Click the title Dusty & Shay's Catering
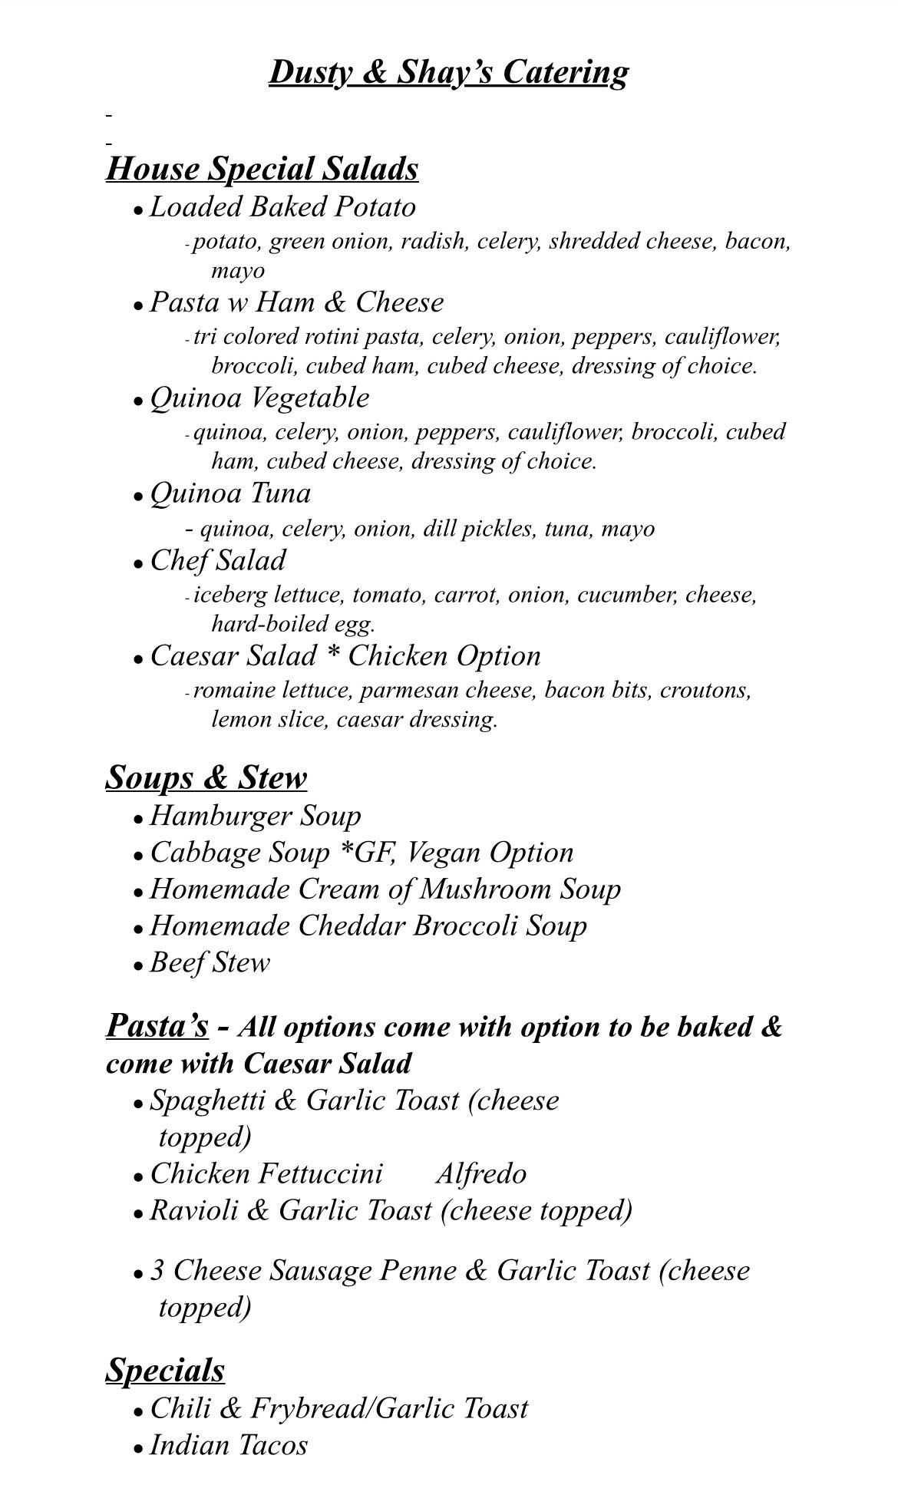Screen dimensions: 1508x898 point(448,73)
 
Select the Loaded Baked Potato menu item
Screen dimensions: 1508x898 point(282,207)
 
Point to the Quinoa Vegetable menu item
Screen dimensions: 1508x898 point(259,398)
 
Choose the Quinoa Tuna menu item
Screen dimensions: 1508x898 point(230,493)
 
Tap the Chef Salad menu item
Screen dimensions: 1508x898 point(218,561)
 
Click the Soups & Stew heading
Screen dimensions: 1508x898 point(206,777)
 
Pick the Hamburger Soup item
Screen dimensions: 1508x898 point(255,816)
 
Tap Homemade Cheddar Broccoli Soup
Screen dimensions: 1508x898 point(368,926)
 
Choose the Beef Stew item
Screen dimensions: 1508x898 point(210,963)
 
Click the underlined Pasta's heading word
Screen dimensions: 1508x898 point(157,1026)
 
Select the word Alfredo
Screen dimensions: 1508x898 point(481,1174)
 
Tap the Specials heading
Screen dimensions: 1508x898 point(165,1371)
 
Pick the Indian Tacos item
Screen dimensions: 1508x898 point(229,1446)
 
